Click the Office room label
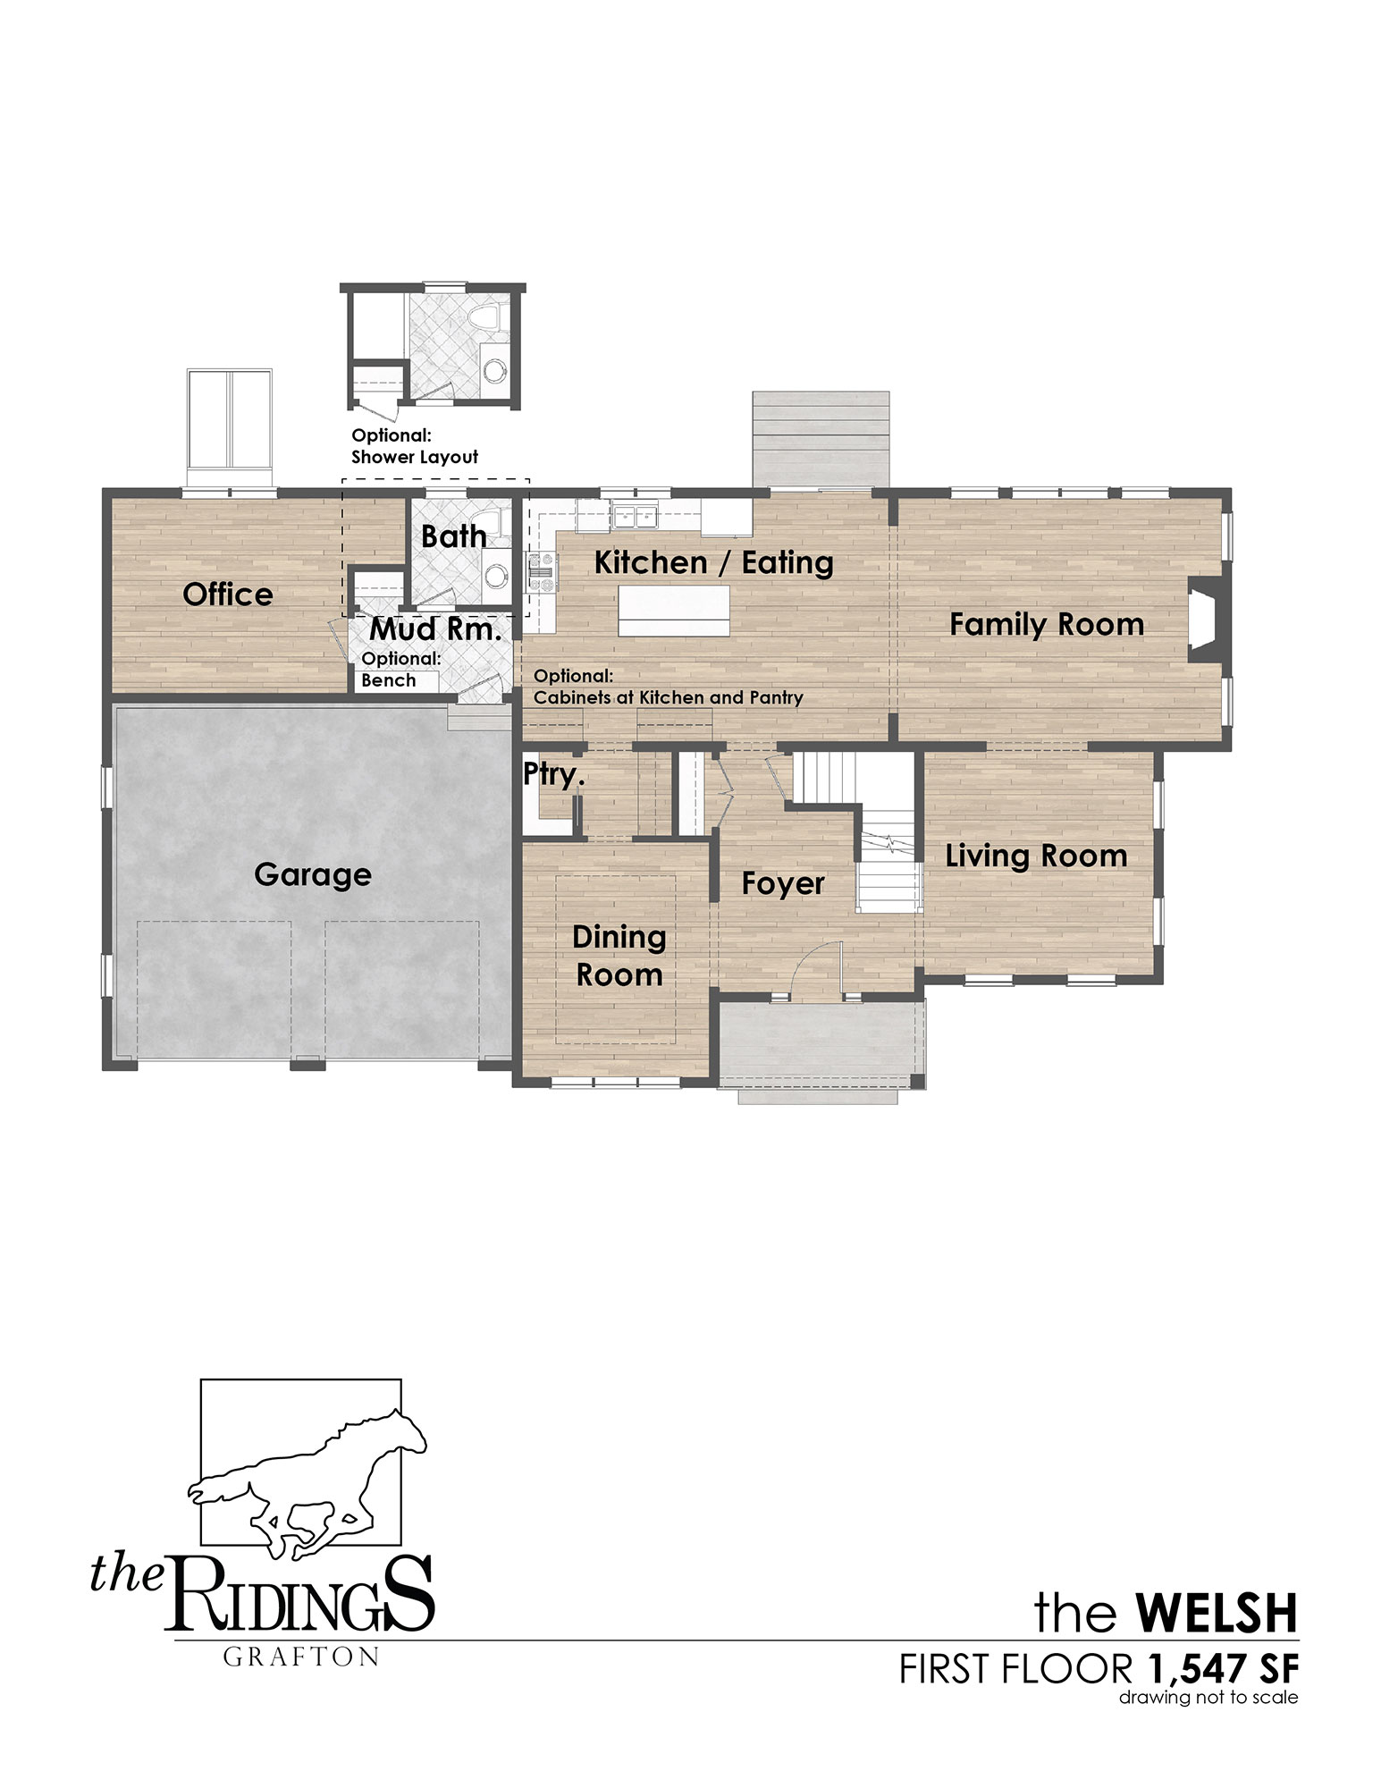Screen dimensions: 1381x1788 (x=228, y=595)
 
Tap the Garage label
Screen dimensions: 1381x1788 (x=313, y=874)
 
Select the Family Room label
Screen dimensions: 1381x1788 (x=1047, y=624)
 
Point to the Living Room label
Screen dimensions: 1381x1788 (x=1037, y=856)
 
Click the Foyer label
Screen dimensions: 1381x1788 (x=783, y=884)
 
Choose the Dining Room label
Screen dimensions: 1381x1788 (x=619, y=956)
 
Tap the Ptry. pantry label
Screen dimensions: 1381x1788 (x=554, y=775)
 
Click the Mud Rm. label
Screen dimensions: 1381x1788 (x=436, y=629)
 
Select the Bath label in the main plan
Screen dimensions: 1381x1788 (x=454, y=536)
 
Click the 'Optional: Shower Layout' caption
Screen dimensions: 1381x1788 (x=415, y=446)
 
